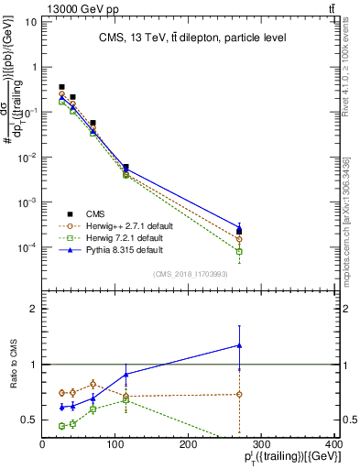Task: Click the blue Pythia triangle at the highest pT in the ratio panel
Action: [239, 345]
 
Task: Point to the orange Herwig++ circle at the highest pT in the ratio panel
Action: [239, 394]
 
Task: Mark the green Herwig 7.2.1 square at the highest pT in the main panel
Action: [239, 251]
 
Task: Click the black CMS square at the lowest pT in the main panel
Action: [61, 87]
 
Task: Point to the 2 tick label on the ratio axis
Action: [33, 309]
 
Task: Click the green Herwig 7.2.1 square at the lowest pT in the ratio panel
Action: [61, 426]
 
